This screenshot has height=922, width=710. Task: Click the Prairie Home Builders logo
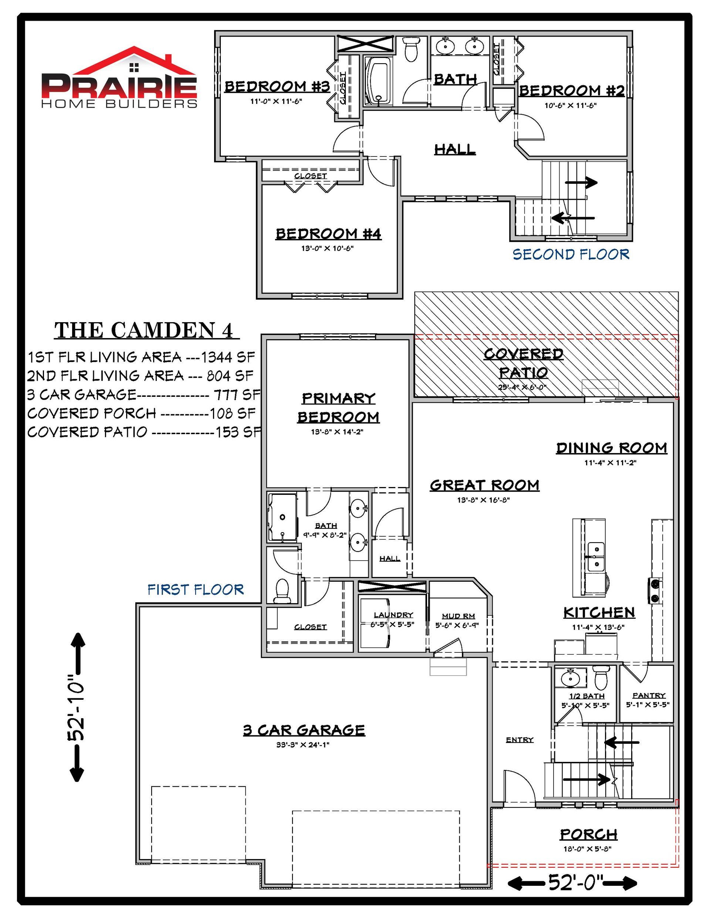click(119, 78)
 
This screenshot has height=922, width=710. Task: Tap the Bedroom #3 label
click(277, 87)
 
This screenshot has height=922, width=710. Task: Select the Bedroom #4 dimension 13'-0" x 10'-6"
click(327, 248)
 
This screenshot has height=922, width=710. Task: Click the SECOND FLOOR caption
click(571, 254)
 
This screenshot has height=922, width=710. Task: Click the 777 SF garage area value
click(237, 394)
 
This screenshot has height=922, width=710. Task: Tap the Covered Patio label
click(523, 363)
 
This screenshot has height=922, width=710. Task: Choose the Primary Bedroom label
click(338, 408)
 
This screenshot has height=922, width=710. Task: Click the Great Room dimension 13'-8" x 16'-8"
click(483, 500)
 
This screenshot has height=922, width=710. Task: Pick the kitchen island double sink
click(596, 556)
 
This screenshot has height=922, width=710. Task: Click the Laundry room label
click(393, 615)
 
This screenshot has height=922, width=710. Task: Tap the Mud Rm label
click(459, 616)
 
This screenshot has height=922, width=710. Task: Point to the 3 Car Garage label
click(304, 730)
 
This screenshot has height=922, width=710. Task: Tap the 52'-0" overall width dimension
click(572, 883)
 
